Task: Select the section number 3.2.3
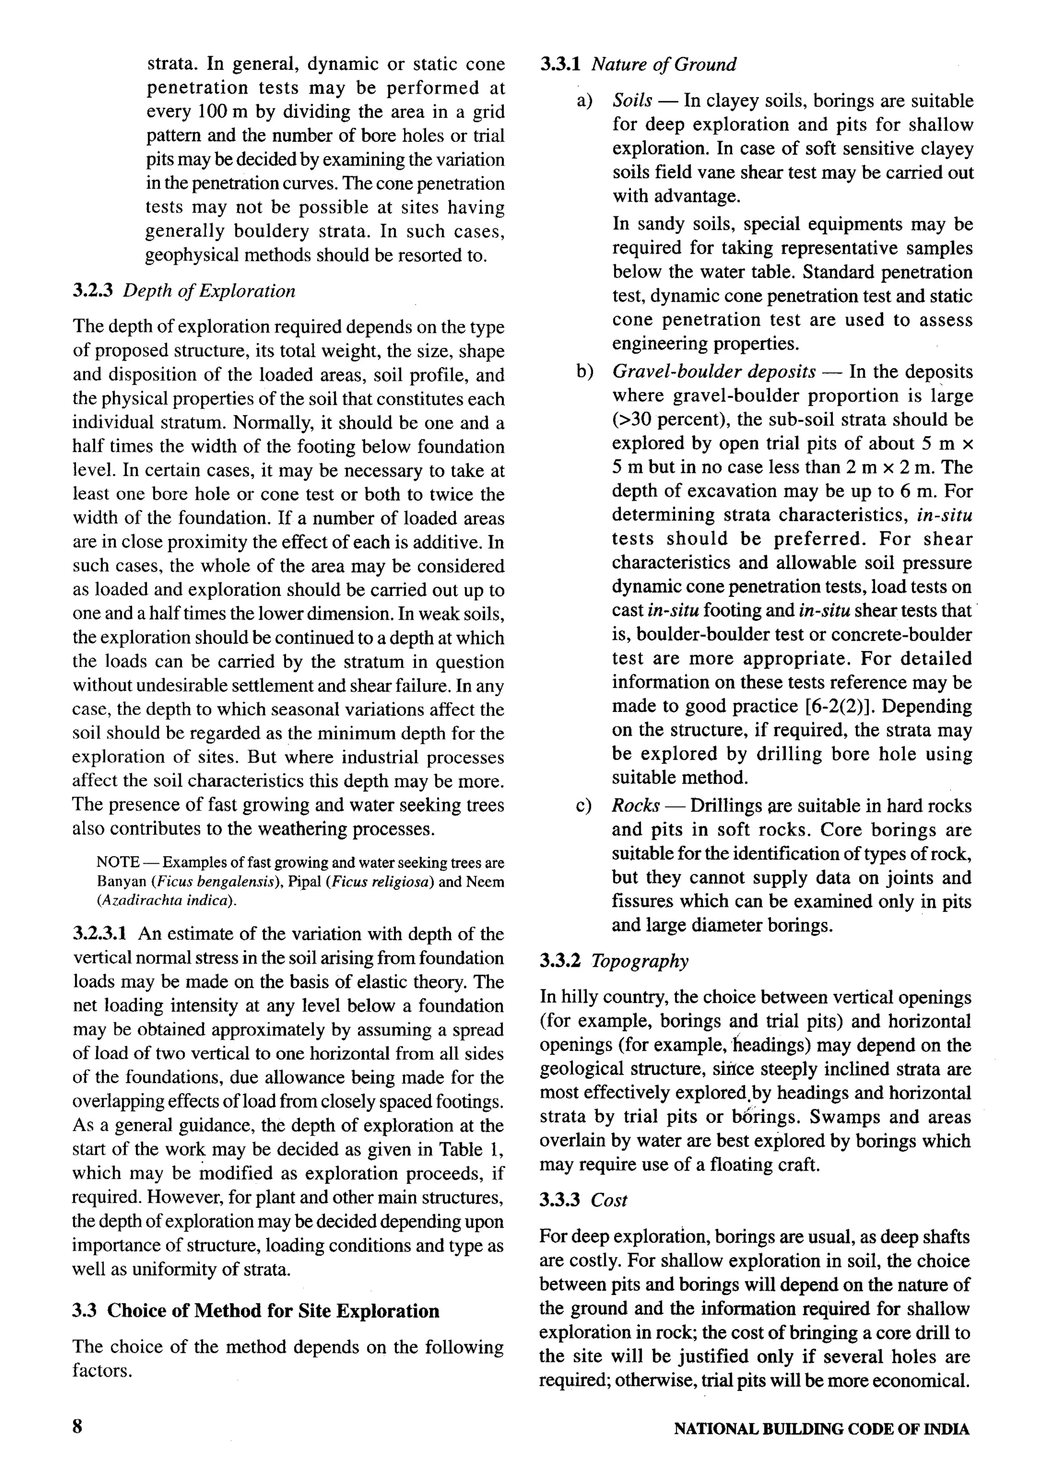tap(93, 291)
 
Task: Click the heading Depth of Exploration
tap(209, 291)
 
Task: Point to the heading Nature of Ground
tap(663, 65)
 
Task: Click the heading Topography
tap(640, 961)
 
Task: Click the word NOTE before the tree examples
tap(117, 862)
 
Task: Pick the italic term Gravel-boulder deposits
tap(713, 372)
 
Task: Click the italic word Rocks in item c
tap(635, 806)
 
